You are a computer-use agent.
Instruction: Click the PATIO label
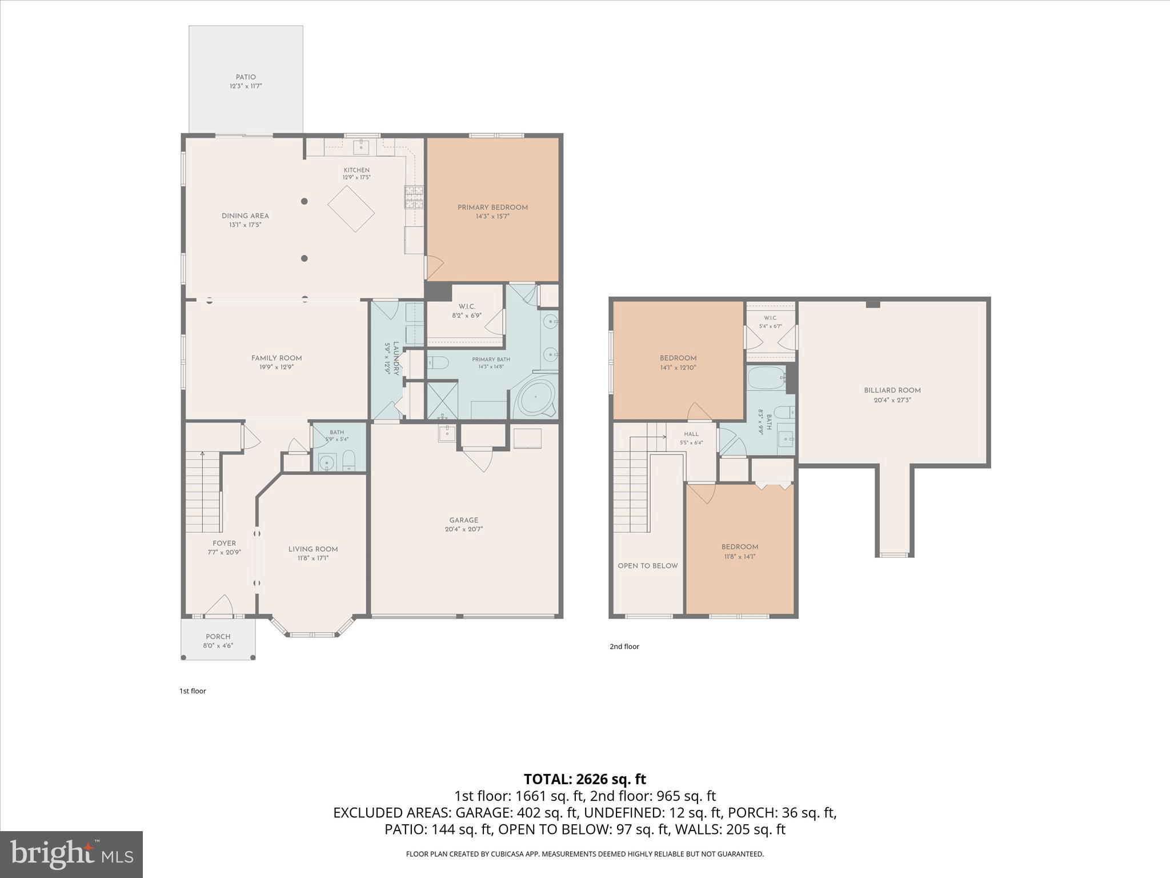(x=246, y=77)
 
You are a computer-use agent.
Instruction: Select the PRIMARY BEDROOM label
(x=492, y=207)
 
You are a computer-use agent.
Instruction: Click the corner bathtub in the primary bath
(x=536, y=397)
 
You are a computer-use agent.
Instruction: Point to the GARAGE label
(x=464, y=520)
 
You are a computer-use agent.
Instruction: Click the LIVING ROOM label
(x=313, y=549)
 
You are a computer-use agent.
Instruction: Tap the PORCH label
(x=218, y=637)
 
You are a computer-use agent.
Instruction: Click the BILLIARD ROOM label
(x=892, y=390)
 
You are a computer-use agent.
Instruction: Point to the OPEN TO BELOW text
(x=648, y=566)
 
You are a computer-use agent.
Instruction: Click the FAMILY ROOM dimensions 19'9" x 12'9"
(x=277, y=368)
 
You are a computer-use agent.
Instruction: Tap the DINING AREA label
(x=245, y=216)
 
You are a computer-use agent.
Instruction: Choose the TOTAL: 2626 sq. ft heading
(x=585, y=779)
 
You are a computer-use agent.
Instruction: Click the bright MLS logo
(x=71, y=855)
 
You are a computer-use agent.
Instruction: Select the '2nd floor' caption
(x=624, y=646)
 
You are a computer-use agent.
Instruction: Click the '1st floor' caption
(x=193, y=691)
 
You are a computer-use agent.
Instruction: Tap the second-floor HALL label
(x=691, y=434)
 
